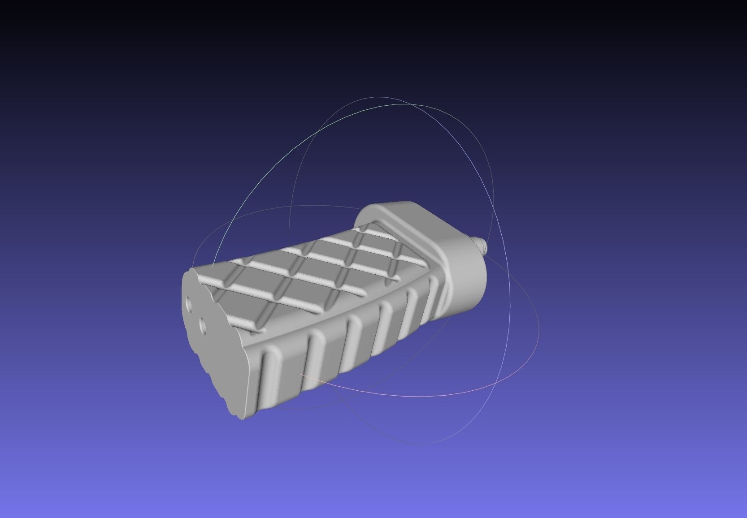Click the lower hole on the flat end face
coord(202,326)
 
